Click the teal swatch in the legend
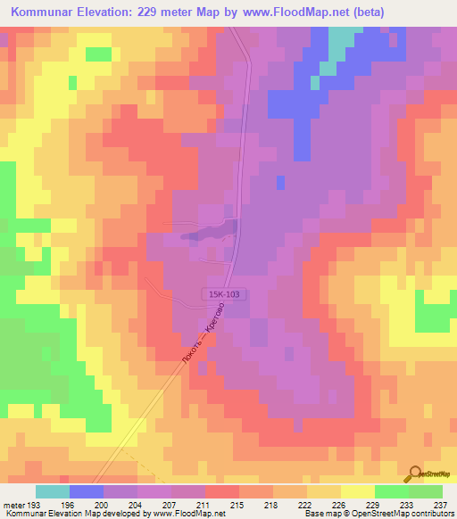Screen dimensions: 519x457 53,491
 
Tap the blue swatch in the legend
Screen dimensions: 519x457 87,491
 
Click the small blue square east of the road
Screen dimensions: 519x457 281,182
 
